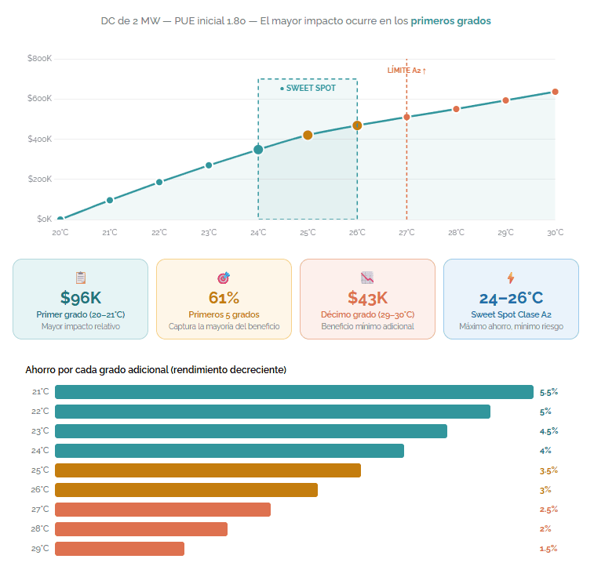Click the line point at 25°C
[308, 135]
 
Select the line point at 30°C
[555, 92]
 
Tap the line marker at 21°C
[110, 200]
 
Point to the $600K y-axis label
[39, 99]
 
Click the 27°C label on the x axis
[406, 233]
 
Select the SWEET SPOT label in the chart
[308, 89]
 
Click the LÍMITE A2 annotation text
[406, 71]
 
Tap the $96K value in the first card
[80, 298]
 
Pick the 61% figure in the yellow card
[224, 298]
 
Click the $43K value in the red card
[367, 298]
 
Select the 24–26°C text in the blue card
[511, 298]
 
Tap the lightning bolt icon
[511, 278]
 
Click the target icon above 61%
[224, 278]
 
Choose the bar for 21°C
[294, 392]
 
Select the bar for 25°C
[208, 470]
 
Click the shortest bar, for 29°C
[119, 549]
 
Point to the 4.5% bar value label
[549, 431]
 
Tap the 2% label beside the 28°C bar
[545, 529]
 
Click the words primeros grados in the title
[450, 20]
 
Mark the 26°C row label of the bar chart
[40, 490]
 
